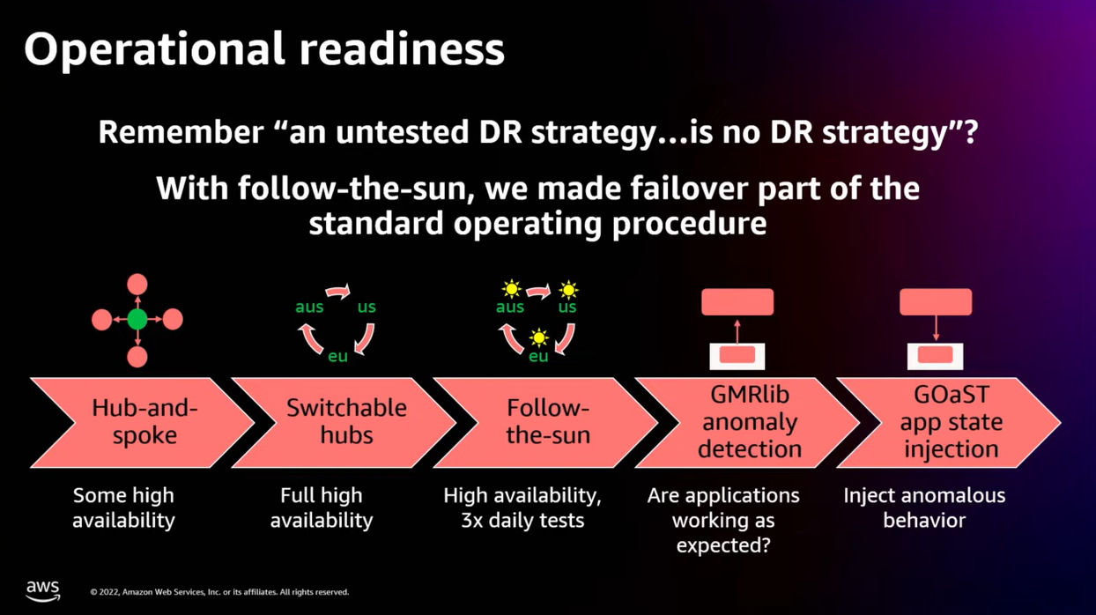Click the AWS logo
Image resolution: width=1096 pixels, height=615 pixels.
41,590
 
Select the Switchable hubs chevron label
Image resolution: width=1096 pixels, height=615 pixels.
346,422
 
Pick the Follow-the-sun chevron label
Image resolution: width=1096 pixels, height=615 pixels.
547,422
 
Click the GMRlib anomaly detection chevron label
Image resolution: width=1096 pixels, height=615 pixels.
750,422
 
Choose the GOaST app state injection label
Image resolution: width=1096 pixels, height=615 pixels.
951,422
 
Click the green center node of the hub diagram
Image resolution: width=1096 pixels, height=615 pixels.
137,320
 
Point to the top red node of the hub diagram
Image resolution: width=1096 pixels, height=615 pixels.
137,284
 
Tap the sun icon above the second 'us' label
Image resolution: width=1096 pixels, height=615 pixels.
568,289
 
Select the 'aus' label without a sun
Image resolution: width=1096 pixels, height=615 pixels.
309,307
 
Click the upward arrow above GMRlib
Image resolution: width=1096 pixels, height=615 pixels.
737,331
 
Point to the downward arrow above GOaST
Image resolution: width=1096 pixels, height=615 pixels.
936,330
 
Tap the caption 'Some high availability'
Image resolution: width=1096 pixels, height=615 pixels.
123,508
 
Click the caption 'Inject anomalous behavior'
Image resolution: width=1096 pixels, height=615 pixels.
924,508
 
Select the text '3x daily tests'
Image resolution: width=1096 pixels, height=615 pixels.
522,520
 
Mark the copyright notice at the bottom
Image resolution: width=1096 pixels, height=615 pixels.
219,592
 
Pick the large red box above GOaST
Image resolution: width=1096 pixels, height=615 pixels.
936,302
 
